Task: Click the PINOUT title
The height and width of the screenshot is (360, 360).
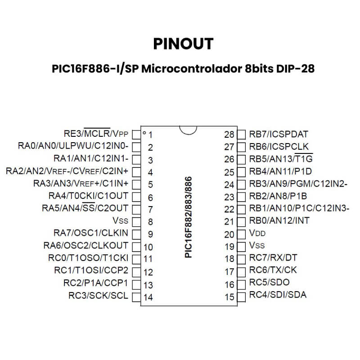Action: point(183,44)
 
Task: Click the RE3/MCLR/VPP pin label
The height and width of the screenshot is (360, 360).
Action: point(96,133)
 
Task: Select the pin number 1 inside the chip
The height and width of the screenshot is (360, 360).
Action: point(150,135)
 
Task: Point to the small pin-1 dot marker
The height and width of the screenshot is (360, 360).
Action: point(144,133)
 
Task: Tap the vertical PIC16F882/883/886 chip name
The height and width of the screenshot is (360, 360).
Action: point(188,217)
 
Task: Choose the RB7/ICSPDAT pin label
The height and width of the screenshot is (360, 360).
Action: point(279,134)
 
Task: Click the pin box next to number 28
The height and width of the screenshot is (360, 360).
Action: point(241,135)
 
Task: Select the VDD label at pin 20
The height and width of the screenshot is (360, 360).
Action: point(257,233)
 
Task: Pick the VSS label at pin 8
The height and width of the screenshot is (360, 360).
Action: point(120,220)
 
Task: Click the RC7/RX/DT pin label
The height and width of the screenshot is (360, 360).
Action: point(273,257)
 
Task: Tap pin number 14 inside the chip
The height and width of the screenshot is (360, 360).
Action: point(148,297)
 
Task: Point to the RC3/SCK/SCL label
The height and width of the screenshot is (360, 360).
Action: point(98,296)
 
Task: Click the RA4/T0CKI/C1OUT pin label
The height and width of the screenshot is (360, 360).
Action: point(88,196)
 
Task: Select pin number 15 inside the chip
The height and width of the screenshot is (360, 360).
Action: point(229,297)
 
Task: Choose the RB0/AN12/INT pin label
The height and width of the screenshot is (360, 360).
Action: point(279,220)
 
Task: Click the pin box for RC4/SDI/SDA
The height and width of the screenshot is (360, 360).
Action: point(241,297)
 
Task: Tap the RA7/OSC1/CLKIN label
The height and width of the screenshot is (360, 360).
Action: point(91,233)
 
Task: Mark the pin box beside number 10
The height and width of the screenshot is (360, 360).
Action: point(136,247)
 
